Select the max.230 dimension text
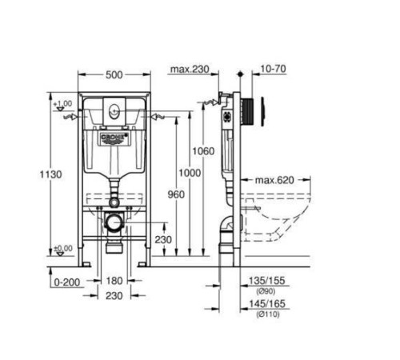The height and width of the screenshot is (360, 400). pos(189,70)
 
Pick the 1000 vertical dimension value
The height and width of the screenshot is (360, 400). pos(190,174)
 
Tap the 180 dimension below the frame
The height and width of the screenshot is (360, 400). pos(114,281)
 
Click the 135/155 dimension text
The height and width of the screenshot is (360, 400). pos(269,281)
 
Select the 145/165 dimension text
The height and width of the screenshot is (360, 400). pos(269,305)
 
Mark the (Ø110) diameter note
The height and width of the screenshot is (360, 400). pos(266,314)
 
